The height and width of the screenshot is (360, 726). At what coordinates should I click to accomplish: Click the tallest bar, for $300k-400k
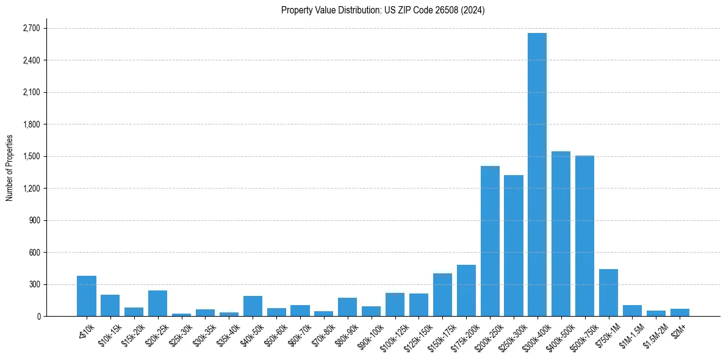tap(537, 174)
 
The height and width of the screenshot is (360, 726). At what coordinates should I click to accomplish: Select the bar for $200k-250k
tap(490, 241)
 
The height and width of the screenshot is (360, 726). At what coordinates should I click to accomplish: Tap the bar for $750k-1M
tap(608, 293)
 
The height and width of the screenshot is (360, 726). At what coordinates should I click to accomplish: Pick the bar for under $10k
tap(87, 296)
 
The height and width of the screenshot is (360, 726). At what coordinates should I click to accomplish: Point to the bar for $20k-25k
tap(157, 303)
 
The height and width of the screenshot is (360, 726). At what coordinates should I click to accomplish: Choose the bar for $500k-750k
tap(584, 236)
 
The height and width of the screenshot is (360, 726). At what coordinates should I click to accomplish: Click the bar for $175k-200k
tap(466, 290)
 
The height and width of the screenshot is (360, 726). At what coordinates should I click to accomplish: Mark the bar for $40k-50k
tap(253, 306)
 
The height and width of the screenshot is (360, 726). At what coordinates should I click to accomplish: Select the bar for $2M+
tap(680, 312)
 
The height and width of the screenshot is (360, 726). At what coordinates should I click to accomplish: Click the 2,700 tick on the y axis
tap(31, 29)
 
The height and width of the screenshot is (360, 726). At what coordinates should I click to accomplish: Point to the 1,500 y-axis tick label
tap(31, 156)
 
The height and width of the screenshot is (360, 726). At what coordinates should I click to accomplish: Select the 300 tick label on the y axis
tap(34, 284)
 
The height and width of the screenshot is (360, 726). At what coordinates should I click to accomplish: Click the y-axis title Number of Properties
tap(9, 168)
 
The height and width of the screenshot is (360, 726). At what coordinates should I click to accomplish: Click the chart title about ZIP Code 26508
tap(383, 10)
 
